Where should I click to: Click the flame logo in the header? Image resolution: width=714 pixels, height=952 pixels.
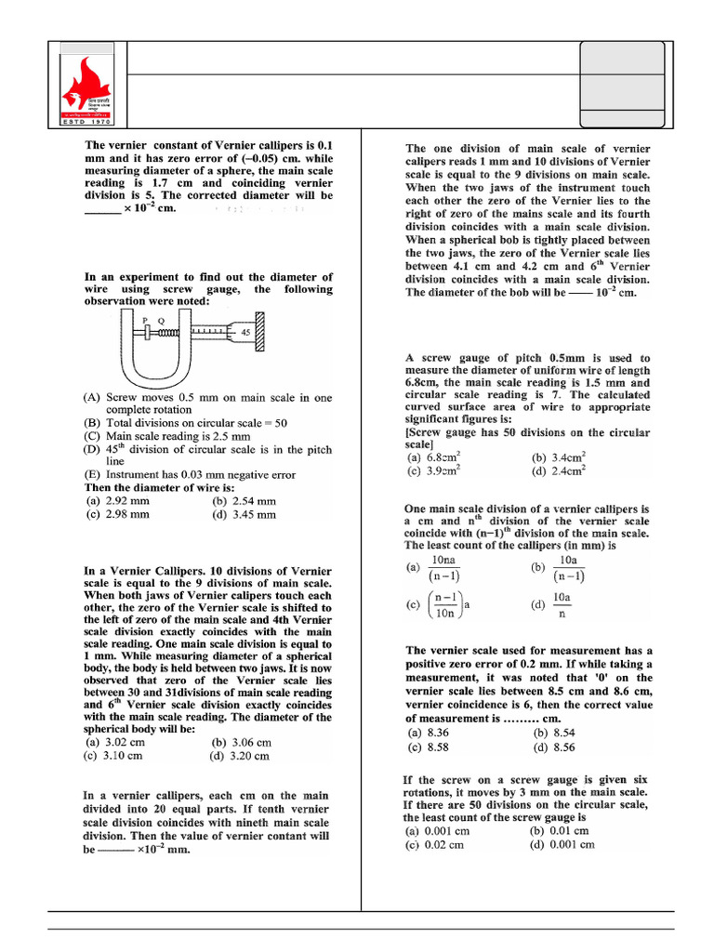pyautogui.click(x=85, y=85)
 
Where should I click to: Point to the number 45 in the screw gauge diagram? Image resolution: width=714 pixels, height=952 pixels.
pyautogui.click(x=245, y=331)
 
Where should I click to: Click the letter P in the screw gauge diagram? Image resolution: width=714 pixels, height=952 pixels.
pyautogui.click(x=145, y=319)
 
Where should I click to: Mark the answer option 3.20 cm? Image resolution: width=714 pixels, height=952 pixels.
pyautogui.click(x=241, y=756)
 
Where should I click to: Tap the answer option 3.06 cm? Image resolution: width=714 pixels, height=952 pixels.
pyautogui.click(x=241, y=742)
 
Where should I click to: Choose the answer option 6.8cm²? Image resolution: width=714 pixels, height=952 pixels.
pyautogui.click(x=432, y=457)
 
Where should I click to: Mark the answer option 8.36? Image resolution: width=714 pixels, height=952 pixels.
pyautogui.click(x=428, y=733)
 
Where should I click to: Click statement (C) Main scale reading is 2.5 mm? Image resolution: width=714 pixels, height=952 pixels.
pyautogui.click(x=167, y=435)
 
